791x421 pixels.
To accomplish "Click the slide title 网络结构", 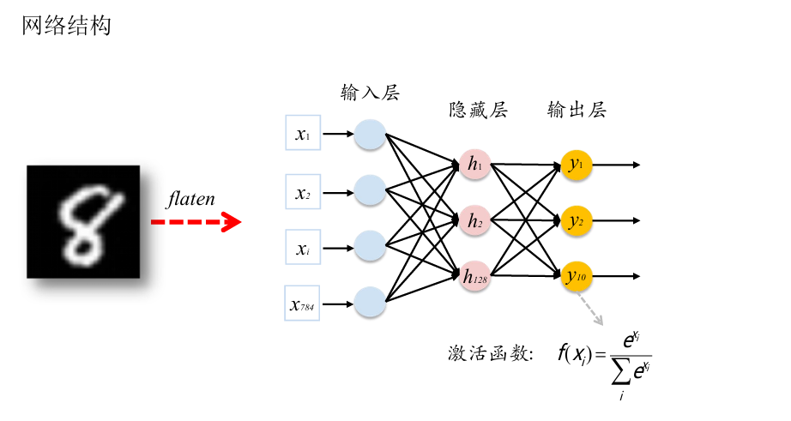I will (x=66, y=26).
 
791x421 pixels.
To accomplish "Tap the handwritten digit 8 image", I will (x=82, y=221).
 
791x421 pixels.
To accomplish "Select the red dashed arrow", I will (x=196, y=223).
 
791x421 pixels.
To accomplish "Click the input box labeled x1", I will (x=302, y=134).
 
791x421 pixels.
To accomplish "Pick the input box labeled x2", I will (x=302, y=193).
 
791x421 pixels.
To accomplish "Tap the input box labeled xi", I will (x=302, y=249).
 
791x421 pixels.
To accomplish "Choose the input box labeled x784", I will (x=302, y=304).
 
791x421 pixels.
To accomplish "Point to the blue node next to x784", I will (x=370, y=302).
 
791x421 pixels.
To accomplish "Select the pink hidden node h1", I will (x=474, y=164).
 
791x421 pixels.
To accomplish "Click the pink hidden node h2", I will (x=474, y=220).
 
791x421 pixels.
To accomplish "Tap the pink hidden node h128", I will (x=474, y=275).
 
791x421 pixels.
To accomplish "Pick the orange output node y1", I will (x=576, y=164).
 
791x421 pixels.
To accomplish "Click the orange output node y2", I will (x=576, y=220).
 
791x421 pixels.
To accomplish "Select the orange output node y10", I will (x=576, y=275).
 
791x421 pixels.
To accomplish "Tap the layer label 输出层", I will (x=577, y=111).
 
